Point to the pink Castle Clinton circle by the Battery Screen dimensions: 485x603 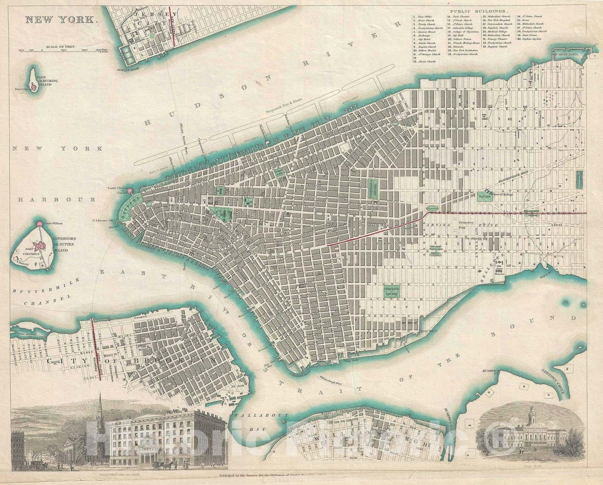pos(130,191)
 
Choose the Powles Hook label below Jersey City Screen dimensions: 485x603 pos(129,70)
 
